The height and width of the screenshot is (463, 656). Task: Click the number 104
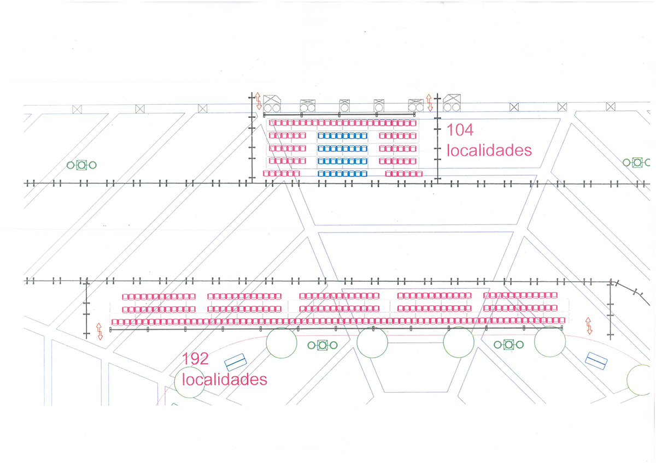[460, 130]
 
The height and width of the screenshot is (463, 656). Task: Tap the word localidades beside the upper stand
[489, 150]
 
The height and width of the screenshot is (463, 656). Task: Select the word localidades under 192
[225, 378]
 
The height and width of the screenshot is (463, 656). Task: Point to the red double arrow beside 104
[429, 102]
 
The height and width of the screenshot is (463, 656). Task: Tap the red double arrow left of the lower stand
[99, 331]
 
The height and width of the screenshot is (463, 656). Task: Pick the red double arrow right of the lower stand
[589, 325]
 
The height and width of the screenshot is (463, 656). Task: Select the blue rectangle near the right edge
[596, 360]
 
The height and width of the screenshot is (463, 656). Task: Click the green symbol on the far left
[81, 164]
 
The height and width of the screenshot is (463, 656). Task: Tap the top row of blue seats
[343, 135]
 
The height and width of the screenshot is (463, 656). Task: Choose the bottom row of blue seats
[343, 174]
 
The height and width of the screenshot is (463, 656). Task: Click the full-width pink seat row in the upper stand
[343, 123]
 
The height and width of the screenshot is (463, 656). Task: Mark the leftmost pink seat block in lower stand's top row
[159, 296]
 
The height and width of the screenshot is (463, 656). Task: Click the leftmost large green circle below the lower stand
[281, 342]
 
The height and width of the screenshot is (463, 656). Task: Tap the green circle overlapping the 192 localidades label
[189, 382]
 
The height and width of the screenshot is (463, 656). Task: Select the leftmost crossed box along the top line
[77, 109]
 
